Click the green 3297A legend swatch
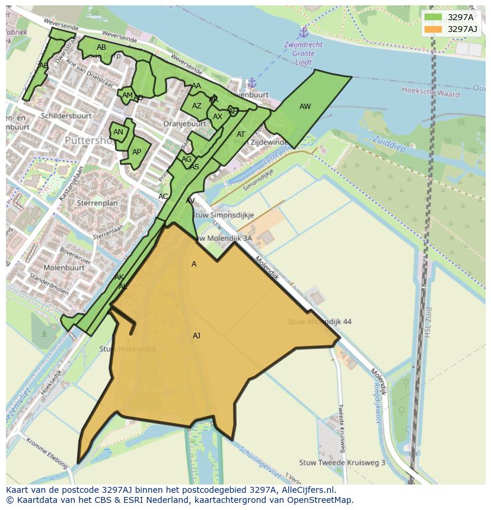click(x=433, y=17)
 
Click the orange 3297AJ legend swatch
click(x=433, y=29)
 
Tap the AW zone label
click(x=305, y=107)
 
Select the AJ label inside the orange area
click(x=196, y=336)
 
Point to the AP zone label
click(x=136, y=152)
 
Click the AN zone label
click(x=118, y=132)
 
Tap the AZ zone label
click(x=197, y=106)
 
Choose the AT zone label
click(x=241, y=134)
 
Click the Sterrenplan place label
click(x=97, y=203)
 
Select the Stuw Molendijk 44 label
click(x=320, y=322)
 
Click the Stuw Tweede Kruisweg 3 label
click(x=342, y=463)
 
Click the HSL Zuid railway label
click(x=428, y=322)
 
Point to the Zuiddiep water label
click(x=389, y=144)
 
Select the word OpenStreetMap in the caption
click(x=323, y=499)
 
